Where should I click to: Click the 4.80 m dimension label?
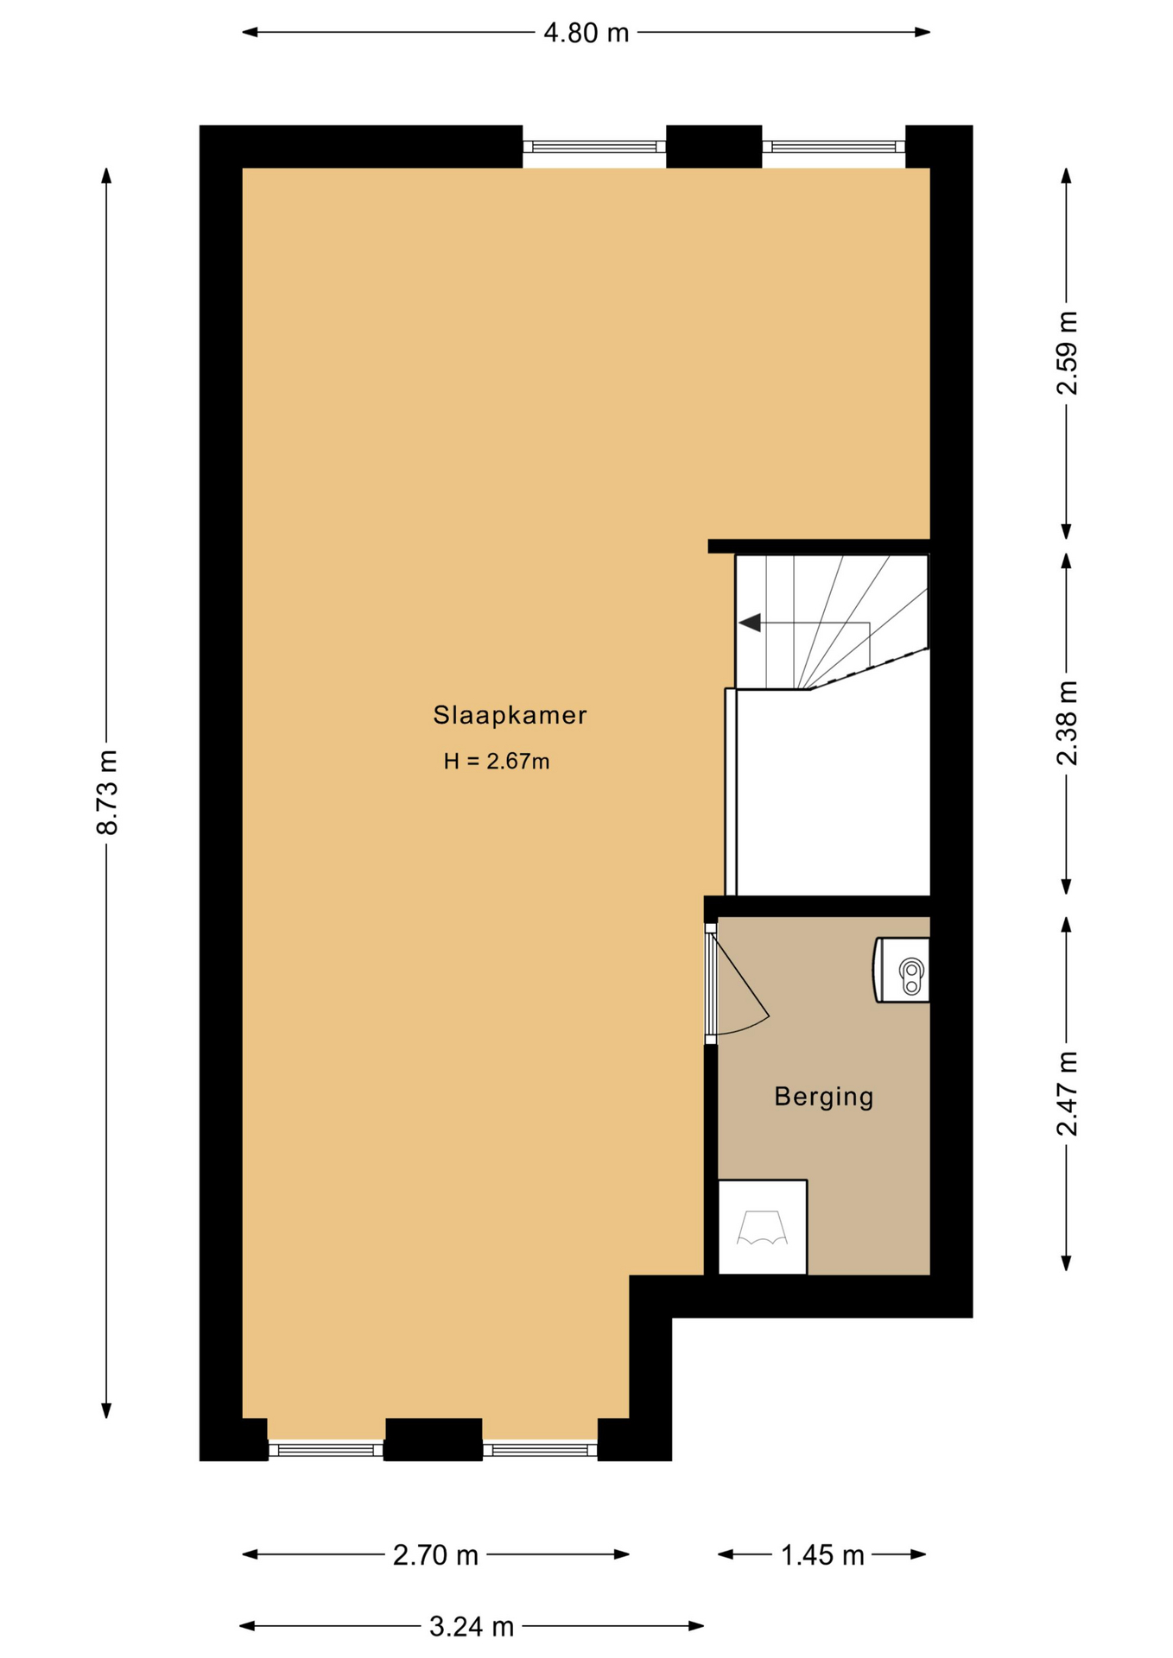tap(586, 33)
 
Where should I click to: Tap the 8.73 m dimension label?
tap(106, 792)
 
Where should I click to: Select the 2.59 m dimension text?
tap(1068, 352)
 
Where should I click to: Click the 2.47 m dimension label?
tap(1068, 1093)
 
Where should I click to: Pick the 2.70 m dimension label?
tap(435, 1555)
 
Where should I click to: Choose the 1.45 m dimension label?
tap(822, 1555)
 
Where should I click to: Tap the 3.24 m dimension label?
tap(472, 1627)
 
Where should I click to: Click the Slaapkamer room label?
tap(510, 715)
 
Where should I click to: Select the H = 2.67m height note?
tap(497, 761)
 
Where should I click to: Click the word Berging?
tap(823, 1097)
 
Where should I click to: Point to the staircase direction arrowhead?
tap(749, 622)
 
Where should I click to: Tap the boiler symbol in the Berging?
tap(903, 970)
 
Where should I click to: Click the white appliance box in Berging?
tap(763, 1226)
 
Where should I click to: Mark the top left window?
tap(594, 147)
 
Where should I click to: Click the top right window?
tap(834, 147)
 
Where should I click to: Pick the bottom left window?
tap(326, 1450)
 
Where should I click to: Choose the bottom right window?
tap(540, 1450)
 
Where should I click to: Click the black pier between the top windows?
tap(714, 147)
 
